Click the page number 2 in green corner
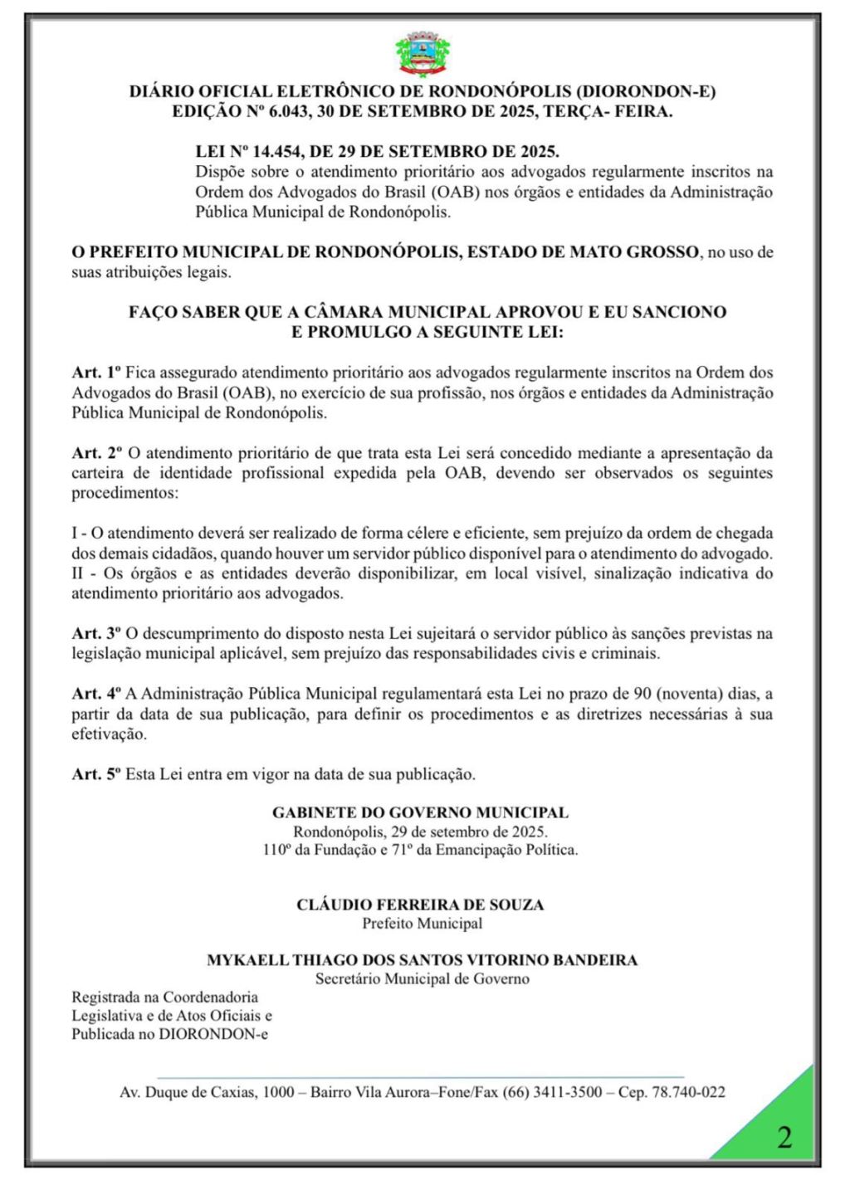(x=784, y=1136)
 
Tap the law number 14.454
(x=285, y=152)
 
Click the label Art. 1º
(x=96, y=373)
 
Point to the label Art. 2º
(x=96, y=453)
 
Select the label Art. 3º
(x=96, y=633)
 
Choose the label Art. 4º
(x=96, y=694)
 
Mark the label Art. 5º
(x=96, y=774)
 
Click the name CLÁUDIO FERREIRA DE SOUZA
(x=420, y=905)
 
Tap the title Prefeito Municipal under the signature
(x=422, y=924)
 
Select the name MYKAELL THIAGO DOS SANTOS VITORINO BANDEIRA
(x=422, y=960)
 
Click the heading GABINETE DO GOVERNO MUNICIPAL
(x=420, y=813)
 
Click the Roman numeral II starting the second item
(x=79, y=573)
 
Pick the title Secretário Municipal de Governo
(x=422, y=979)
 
